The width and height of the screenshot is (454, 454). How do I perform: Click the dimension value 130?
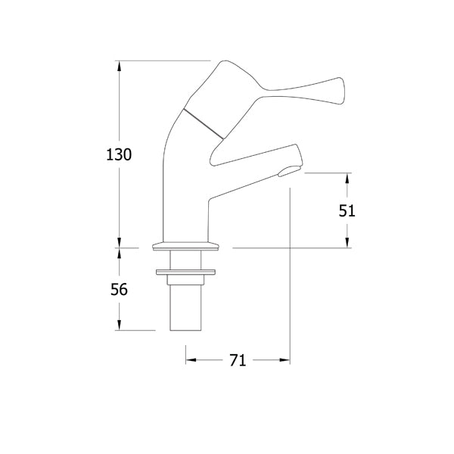[119, 154]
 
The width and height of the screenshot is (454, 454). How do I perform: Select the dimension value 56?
[119, 289]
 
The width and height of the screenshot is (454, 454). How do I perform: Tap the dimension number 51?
[347, 211]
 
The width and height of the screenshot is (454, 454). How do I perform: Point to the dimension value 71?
[238, 361]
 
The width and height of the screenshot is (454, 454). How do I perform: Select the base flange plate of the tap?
[185, 246]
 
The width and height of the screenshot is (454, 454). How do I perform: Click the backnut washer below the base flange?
[185, 271]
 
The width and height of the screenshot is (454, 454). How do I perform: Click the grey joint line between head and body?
[204, 123]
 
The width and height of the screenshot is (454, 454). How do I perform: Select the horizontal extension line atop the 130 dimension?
[163, 61]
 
